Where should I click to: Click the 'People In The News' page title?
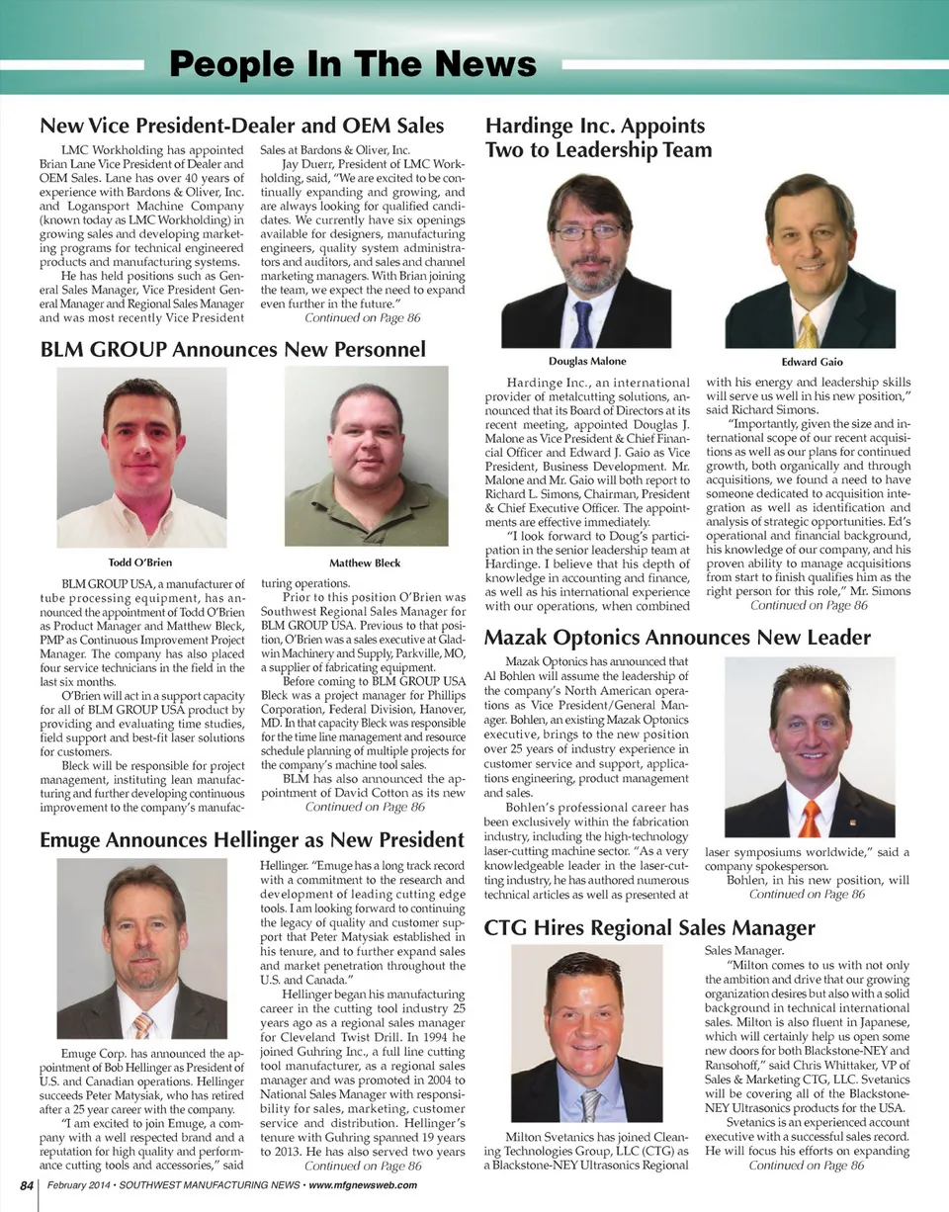click(353, 65)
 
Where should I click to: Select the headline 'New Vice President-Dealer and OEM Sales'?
click(241, 126)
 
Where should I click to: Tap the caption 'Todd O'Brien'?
click(139, 563)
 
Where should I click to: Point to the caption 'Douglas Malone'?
click(586, 361)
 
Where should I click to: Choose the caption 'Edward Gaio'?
click(811, 362)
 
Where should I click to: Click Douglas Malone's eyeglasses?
click(587, 231)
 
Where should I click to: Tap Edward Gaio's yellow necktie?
click(808, 329)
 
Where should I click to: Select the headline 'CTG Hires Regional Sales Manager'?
click(649, 927)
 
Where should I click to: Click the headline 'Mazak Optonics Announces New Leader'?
click(677, 638)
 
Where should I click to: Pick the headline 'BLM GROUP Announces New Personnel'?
click(232, 349)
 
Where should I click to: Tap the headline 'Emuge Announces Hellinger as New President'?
click(251, 840)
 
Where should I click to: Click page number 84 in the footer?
click(23, 1185)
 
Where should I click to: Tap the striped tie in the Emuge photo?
click(143, 1024)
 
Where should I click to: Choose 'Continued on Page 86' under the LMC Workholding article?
click(363, 318)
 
